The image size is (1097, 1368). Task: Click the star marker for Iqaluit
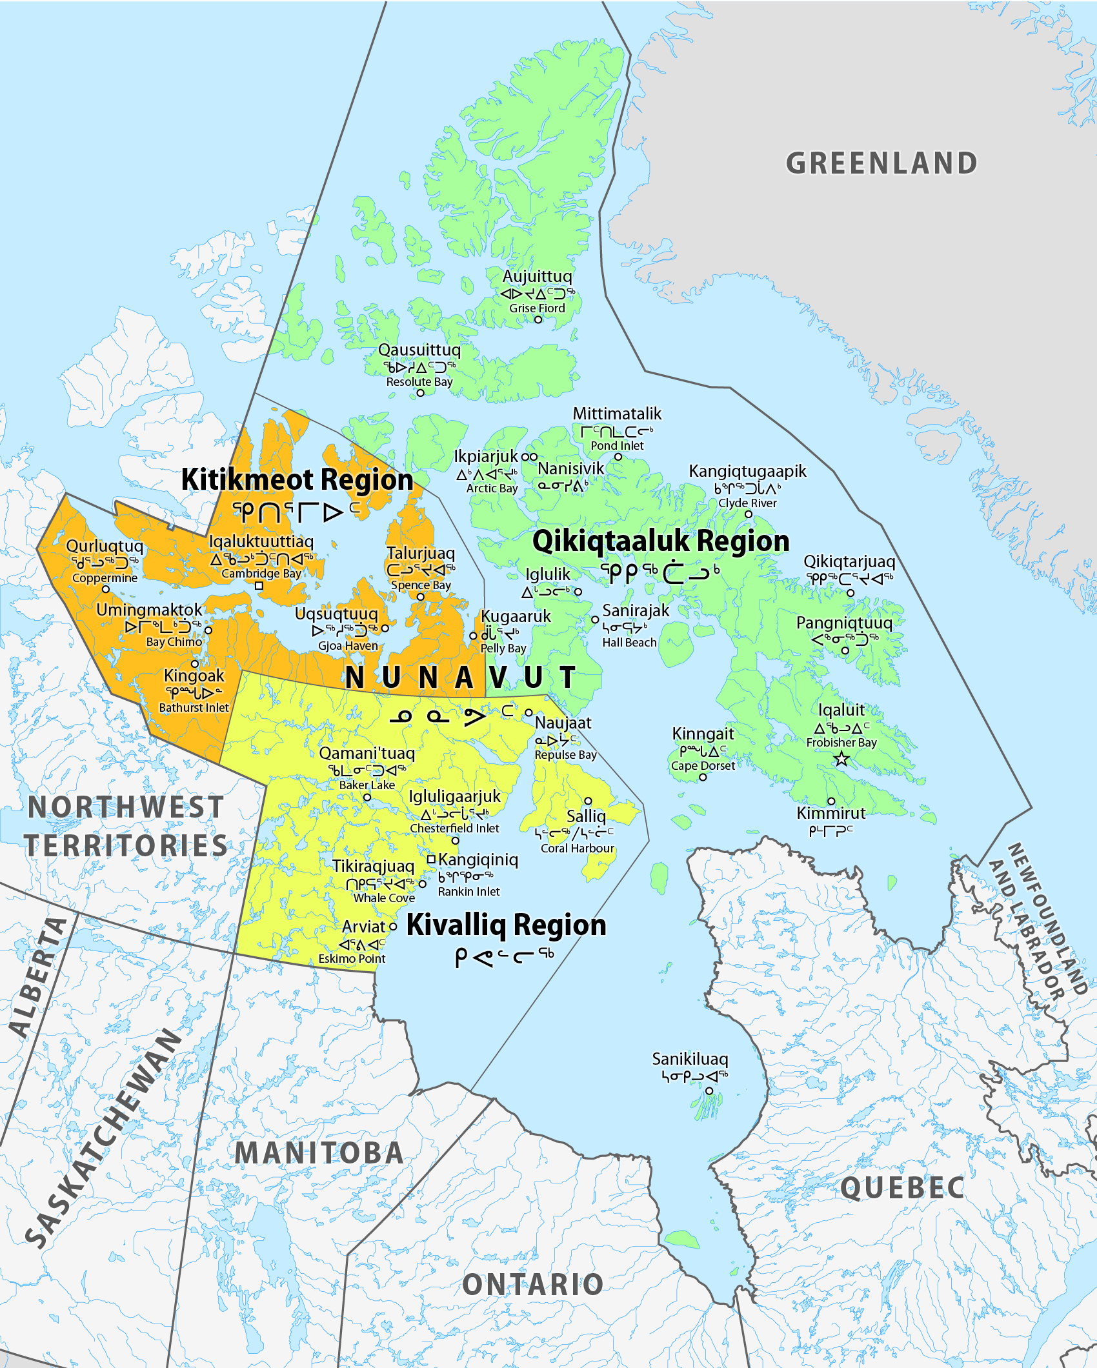coord(841,759)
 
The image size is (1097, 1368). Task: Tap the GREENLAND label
coord(881,163)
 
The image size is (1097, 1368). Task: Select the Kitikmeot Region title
coord(297,480)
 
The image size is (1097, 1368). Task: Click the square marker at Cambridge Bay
coord(259,586)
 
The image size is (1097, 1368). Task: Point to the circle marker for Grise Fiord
coord(538,319)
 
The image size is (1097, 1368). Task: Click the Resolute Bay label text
coord(419,381)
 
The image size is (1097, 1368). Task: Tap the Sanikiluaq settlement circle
coord(709,1091)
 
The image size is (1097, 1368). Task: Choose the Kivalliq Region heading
coord(507,925)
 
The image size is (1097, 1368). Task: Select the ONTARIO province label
coord(533,1285)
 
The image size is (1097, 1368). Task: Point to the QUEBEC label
coord(902,1188)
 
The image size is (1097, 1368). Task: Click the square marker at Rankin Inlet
coord(432,860)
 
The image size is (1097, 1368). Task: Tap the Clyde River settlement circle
coord(749,514)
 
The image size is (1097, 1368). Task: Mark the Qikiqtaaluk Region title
coord(661,541)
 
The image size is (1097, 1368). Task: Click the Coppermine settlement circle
coord(106,589)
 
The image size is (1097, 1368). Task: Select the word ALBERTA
coord(39,978)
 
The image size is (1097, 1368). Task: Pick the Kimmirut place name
coord(831,813)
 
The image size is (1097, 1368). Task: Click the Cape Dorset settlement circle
coord(703,777)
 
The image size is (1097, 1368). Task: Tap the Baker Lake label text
coord(367,785)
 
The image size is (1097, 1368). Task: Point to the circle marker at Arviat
coord(392,927)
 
